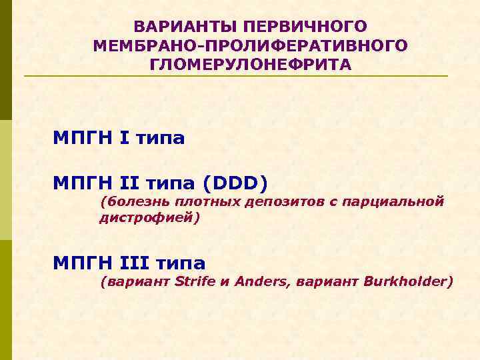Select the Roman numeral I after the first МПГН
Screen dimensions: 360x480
pyautogui.click(x=124, y=139)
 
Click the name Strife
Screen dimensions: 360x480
pyautogui.click(x=195, y=281)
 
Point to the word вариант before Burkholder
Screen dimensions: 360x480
pyautogui.click(x=326, y=281)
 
